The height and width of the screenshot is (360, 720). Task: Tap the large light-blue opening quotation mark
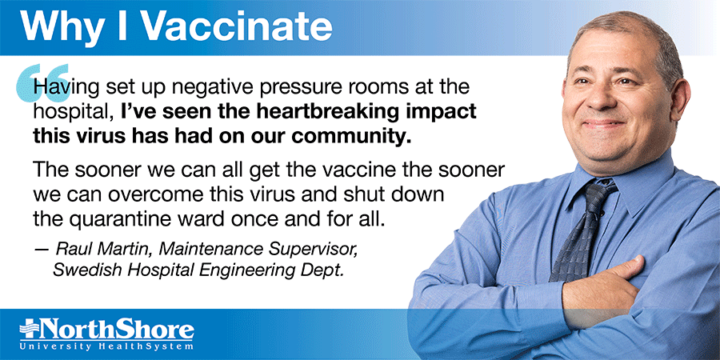(42, 82)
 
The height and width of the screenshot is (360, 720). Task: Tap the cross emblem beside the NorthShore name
(30, 330)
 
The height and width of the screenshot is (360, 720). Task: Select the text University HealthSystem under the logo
(106, 346)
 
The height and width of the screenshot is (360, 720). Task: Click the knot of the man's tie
(598, 193)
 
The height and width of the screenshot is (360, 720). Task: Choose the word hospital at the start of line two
(73, 114)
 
